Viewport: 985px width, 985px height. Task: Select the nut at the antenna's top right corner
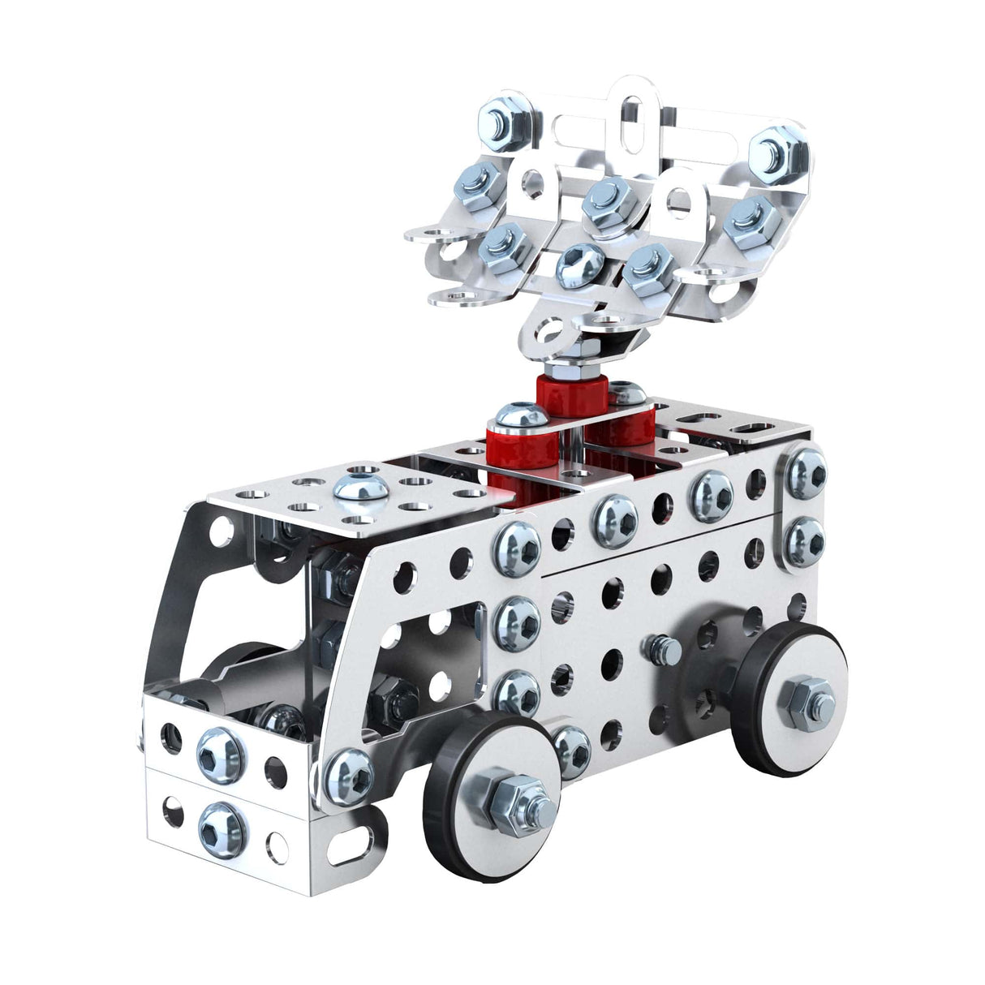[771, 152]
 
